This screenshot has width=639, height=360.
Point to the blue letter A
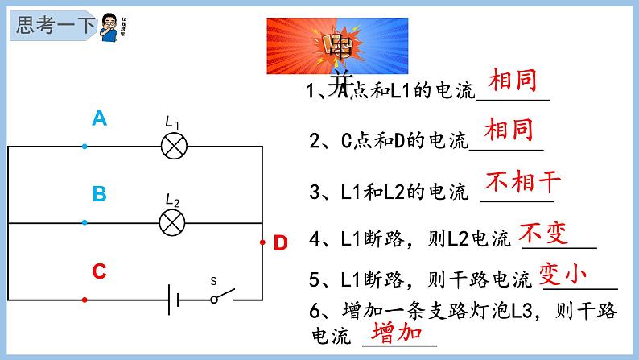tap(99, 119)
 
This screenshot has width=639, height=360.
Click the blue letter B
tap(99, 194)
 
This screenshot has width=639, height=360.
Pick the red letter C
tap(99, 271)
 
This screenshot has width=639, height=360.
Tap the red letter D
tap(280, 243)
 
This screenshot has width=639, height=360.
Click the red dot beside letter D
tap(262, 242)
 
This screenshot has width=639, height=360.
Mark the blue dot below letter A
tap(85, 147)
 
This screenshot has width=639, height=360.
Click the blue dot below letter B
tap(85, 222)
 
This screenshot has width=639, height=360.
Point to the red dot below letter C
tap(85, 299)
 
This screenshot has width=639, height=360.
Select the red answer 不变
tap(543, 234)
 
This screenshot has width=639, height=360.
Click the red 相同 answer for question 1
tap(512, 81)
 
